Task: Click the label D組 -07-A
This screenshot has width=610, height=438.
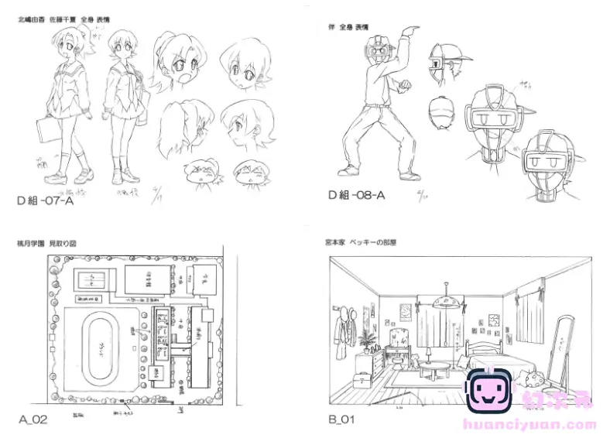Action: (47, 200)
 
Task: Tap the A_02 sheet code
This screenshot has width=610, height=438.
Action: (33, 419)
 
